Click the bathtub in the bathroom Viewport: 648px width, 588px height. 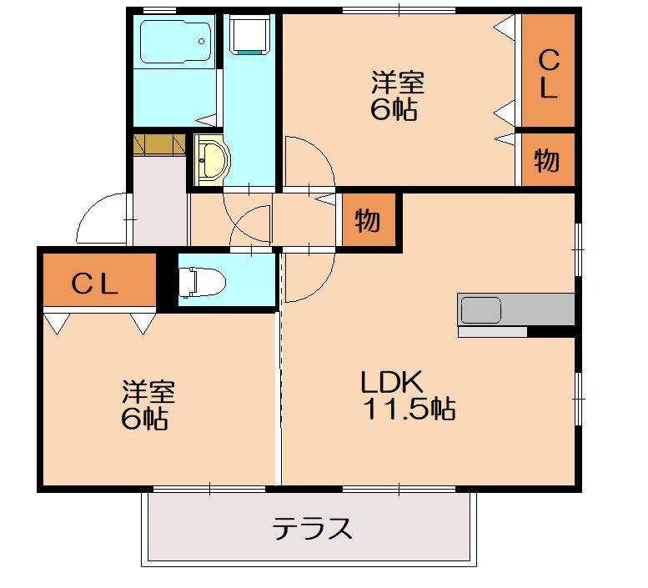tap(174, 41)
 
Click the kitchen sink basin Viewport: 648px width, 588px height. tap(480, 310)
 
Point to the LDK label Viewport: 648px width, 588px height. tap(393, 383)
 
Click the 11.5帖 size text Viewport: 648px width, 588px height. tap(408, 410)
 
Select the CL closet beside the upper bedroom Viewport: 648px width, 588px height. tap(547, 73)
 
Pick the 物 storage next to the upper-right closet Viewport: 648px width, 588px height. tap(547, 160)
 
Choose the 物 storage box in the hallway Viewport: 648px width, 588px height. tap(368, 221)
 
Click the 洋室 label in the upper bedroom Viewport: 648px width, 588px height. tap(398, 83)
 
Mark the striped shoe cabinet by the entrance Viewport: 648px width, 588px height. tap(159, 143)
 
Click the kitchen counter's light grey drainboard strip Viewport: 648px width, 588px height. tap(492, 332)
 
